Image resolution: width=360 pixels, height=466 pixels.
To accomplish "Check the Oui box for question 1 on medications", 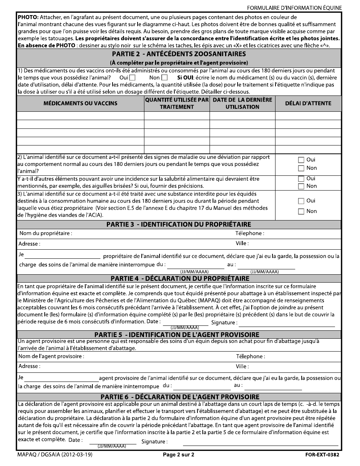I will [x=132, y=78].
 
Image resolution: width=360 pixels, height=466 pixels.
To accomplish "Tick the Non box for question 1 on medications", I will [x=164, y=78].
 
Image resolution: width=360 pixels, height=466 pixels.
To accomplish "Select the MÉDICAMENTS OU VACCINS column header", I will [x=80, y=103].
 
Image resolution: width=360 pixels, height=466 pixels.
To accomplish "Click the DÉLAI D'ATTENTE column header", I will [x=308, y=103].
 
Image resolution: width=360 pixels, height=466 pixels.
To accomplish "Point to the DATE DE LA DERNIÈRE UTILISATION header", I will [x=243, y=103].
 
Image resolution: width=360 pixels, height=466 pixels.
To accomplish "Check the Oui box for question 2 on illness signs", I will [x=301, y=160].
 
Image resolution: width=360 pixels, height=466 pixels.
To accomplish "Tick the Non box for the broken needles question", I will [x=301, y=186].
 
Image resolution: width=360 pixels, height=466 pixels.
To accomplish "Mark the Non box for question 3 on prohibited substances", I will [x=301, y=211].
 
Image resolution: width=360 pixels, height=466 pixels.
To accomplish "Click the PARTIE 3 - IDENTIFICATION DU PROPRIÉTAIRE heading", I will [x=178, y=225].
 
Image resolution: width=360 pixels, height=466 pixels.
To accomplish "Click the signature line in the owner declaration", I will [x=287, y=325].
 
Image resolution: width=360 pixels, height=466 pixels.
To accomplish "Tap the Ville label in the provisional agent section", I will [x=242, y=366].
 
